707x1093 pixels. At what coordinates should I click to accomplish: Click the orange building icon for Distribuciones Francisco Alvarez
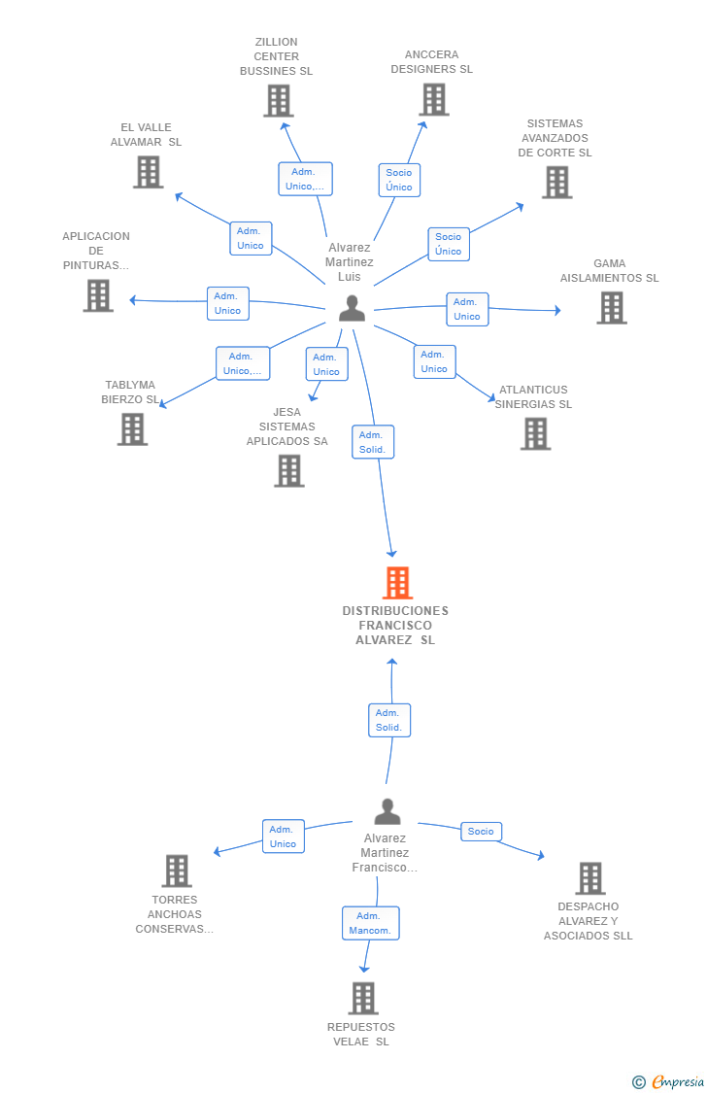(x=398, y=583)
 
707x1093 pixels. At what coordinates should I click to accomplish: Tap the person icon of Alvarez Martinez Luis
(x=352, y=308)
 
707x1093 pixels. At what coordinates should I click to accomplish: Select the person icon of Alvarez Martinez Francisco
(x=387, y=811)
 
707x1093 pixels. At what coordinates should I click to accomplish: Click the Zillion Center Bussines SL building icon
(x=279, y=100)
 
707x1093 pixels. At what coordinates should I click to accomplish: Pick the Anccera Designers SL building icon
(x=434, y=99)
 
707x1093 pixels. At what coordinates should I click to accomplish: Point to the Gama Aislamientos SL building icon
(x=612, y=307)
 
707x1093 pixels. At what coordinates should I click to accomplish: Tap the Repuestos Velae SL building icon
(x=363, y=998)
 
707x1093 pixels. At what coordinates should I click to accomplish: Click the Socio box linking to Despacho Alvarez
(x=481, y=832)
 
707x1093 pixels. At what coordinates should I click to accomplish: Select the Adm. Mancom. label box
(x=371, y=923)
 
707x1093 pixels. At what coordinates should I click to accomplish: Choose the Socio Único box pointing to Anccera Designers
(x=399, y=180)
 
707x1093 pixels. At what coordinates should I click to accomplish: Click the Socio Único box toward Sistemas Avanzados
(x=449, y=244)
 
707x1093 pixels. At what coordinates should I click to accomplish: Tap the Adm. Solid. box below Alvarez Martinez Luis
(x=373, y=442)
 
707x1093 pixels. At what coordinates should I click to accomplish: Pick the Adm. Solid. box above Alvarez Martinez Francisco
(x=389, y=720)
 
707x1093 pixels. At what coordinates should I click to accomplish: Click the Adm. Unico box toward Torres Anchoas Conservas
(x=283, y=837)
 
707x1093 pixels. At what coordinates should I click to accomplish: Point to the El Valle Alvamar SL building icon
(x=149, y=171)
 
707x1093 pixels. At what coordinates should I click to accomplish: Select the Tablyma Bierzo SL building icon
(x=132, y=428)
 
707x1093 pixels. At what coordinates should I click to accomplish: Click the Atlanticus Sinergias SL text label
(x=533, y=396)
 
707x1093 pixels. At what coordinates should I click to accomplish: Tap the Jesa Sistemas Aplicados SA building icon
(x=289, y=470)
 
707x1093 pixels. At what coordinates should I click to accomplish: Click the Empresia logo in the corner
(x=669, y=1082)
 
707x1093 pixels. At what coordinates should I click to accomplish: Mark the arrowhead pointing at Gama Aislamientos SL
(x=557, y=310)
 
